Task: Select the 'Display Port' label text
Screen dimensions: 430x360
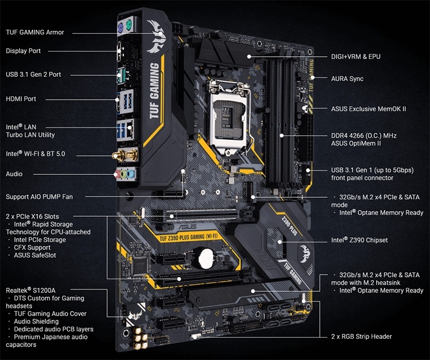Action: click(x=24, y=51)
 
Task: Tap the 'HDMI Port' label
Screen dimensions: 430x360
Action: click(x=21, y=99)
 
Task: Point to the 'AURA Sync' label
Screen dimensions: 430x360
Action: click(x=347, y=79)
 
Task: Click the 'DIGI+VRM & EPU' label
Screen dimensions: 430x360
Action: click(x=355, y=57)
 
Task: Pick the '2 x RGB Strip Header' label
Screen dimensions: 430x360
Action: click(x=362, y=336)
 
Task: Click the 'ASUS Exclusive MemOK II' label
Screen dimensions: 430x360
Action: click(x=369, y=108)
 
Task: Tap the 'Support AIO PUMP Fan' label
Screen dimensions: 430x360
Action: click(x=39, y=197)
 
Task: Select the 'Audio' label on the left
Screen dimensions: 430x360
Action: click(x=14, y=174)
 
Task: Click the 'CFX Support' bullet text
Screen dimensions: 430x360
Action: click(x=34, y=247)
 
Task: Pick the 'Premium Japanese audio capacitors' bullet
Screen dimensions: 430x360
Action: click(x=48, y=341)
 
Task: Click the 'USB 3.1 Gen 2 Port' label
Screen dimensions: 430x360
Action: click(x=33, y=75)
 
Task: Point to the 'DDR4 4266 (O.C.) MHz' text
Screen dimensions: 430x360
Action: click(x=364, y=135)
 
